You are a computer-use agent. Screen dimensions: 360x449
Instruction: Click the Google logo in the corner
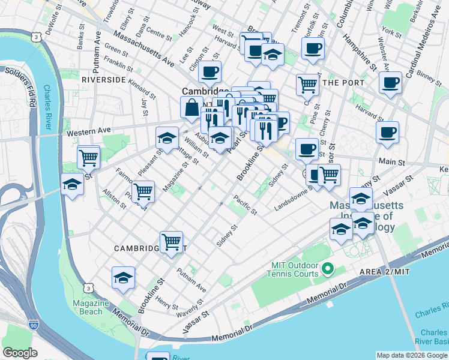point(20,353)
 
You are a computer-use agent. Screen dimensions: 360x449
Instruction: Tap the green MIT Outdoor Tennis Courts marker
point(328,269)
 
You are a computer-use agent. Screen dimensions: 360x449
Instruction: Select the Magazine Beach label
point(91,307)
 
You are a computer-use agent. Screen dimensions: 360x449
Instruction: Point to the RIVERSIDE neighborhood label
point(103,79)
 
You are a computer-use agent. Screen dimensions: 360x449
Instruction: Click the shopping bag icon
point(191,108)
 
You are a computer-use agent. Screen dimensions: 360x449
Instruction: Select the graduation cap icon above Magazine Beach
point(123,278)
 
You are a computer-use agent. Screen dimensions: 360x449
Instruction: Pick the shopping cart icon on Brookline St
point(172,242)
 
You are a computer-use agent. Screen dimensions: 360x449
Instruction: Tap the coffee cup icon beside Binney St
point(390,82)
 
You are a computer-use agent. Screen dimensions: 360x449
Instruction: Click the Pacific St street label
point(246,204)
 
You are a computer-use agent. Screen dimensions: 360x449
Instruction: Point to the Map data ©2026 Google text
point(411,355)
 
